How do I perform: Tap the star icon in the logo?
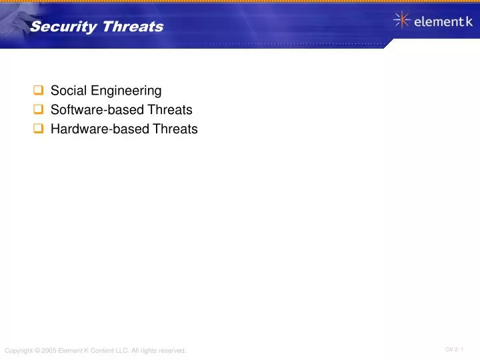(x=402, y=21)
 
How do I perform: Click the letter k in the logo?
(x=469, y=22)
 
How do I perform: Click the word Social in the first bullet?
(x=65, y=90)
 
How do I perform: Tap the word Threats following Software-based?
(x=171, y=110)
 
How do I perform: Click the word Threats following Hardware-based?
(x=176, y=129)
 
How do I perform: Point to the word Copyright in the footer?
(x=18, y=351)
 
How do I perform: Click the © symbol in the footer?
(x=37, y=351)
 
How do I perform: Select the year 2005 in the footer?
(x=49, y=351)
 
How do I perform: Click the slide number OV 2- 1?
(x=455, y=349)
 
